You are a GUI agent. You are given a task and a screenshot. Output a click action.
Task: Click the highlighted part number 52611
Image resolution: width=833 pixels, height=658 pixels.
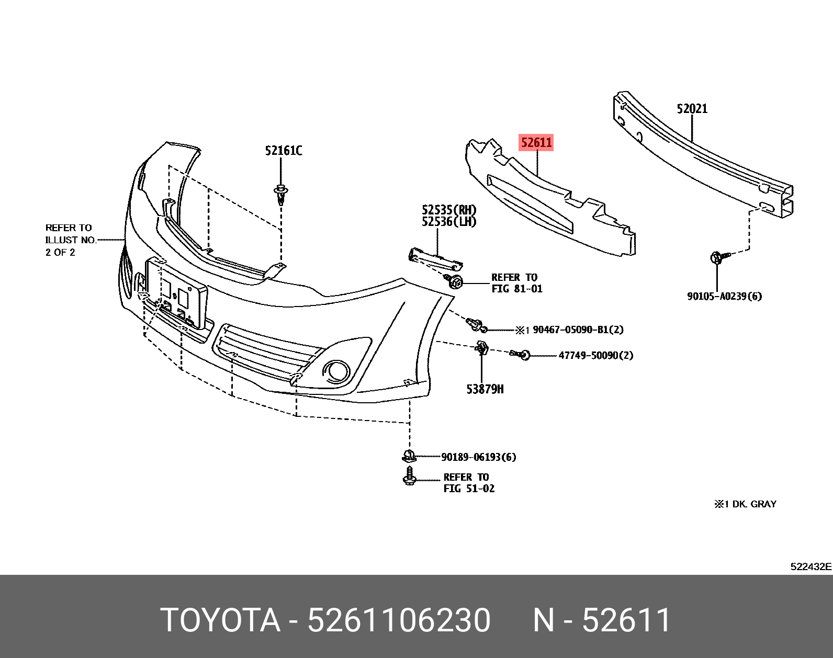point(536,142)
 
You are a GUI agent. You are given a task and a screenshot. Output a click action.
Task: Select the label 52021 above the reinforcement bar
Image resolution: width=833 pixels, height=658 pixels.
point(692,109)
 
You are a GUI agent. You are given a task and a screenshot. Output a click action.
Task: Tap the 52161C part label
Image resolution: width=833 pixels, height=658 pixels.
point(283,151)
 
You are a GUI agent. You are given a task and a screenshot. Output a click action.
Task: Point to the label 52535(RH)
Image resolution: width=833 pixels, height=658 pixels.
point(449,210)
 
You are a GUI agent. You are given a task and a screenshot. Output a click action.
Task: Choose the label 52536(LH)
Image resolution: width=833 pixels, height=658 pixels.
point(449,222)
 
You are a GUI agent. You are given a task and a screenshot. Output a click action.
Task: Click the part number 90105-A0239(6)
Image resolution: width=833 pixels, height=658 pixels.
point(724,296)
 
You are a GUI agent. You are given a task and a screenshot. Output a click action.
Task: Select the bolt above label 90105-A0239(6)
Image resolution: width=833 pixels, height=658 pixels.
point(718,257)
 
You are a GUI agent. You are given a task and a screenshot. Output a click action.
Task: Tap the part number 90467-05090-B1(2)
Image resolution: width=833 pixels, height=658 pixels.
point(578,330)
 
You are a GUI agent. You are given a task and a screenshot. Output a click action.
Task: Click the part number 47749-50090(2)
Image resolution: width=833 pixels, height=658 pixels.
point(595,355)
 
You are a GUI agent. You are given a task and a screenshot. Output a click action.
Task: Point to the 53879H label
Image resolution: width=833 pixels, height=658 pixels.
point(485,389)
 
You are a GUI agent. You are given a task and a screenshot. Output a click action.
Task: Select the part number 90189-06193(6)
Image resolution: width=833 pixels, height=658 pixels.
point(478,457)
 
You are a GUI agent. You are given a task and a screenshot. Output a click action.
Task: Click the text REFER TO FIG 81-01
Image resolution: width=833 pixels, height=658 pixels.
point(516,283)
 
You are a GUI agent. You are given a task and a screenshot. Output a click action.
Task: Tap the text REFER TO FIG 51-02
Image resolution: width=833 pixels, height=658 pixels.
point(468,483)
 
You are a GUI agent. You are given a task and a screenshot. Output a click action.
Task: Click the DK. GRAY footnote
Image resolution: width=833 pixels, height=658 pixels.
point(745,504)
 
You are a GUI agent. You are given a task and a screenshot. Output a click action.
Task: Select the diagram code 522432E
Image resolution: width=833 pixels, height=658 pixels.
point(811,566)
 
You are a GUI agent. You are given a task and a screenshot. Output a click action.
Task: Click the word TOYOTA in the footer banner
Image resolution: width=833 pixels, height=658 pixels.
point(220,620)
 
